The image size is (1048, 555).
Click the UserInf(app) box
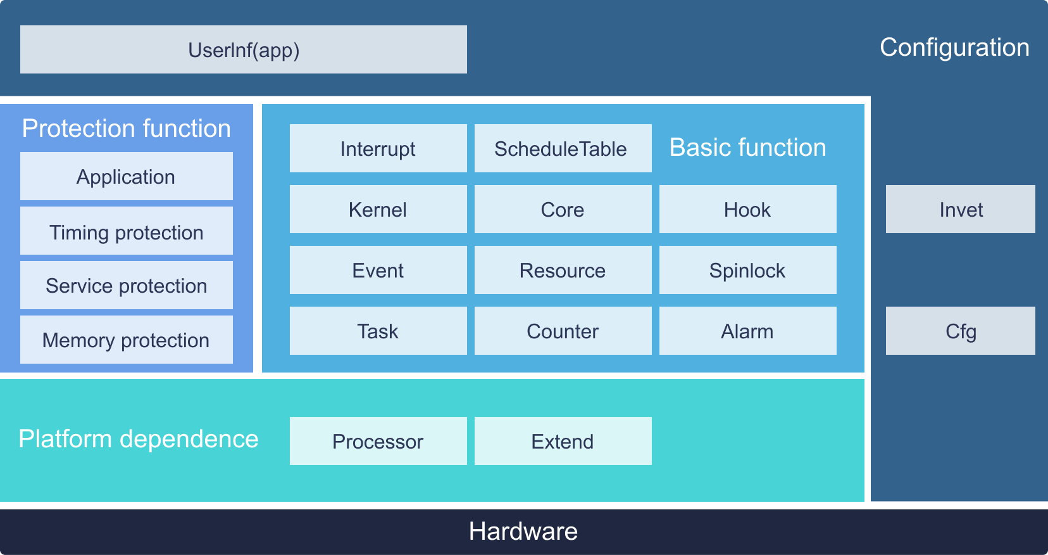(x=243, y=49)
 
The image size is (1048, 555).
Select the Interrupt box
(x=378, y=148)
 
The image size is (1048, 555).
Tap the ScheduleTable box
(x=563, y=148)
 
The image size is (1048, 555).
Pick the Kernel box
(x=378, y=209)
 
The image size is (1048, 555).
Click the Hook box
(x=747, y=209)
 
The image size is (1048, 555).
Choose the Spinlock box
(x=747, y=270)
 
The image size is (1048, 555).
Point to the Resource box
(x=563, y=270)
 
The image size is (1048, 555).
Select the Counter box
(x=563, y=331)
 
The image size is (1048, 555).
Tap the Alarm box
(x=747, y=331)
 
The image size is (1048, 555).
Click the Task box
(x=378, y=331)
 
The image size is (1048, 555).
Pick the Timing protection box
(x=127, y=231)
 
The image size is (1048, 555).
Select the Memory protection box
(x=127, y=340)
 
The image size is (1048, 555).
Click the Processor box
(x=378, y=441)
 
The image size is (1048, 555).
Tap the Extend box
(x=563, y=441)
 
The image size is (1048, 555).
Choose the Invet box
(x=961, y=209)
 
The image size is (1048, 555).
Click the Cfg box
(x=961, y=331)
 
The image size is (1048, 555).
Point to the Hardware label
(x=523, y=531)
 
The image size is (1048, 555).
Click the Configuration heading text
(x=954, y=48)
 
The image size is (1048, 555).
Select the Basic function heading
(x=747, y=148)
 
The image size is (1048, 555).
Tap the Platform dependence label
(x=139, y=439)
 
